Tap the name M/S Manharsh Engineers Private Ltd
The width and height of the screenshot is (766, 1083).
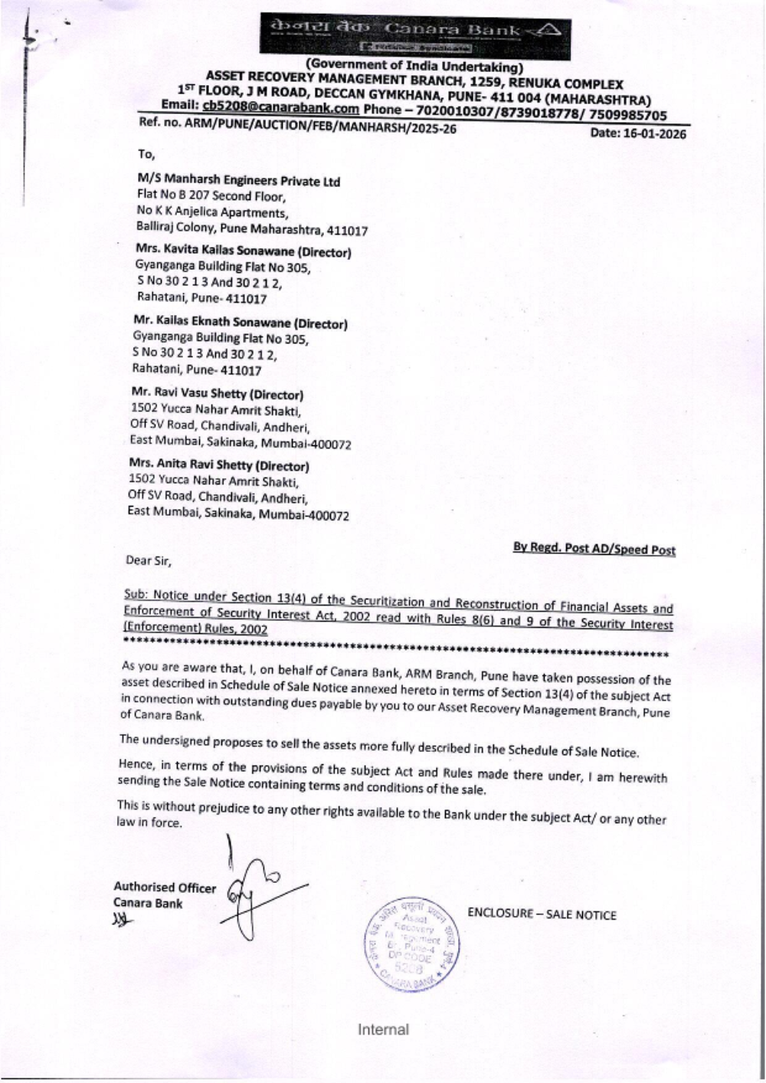click(238, 181)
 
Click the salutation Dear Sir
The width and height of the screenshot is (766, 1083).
click(149, 560)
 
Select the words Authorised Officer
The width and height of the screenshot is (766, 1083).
click(165, 888)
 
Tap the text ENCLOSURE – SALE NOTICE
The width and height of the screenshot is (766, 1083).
click(542, 914)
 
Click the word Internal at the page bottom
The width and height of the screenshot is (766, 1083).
click(383, 1029)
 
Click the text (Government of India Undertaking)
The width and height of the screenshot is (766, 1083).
click(414, 67)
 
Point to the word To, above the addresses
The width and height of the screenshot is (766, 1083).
click(146, 154)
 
